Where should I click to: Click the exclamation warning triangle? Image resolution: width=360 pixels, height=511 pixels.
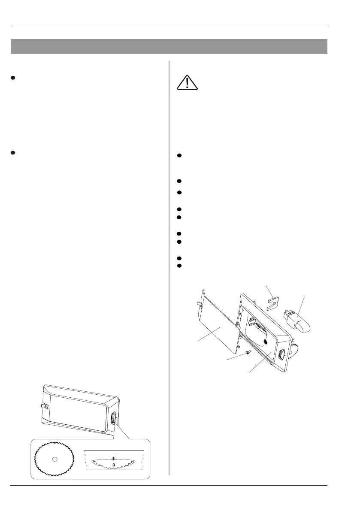tap(187, 82)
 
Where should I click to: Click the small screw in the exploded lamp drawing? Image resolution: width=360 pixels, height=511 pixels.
tap(248, 352)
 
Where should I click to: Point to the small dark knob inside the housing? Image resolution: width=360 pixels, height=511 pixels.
tap(267, 342)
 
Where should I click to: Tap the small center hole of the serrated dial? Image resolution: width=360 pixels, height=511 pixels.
tap(54, 459)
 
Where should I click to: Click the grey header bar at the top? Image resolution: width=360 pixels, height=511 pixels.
tap(169, 46)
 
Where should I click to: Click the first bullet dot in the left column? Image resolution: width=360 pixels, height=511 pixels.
tap(13, 78)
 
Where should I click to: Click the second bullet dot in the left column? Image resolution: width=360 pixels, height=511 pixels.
tap(13, 152)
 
